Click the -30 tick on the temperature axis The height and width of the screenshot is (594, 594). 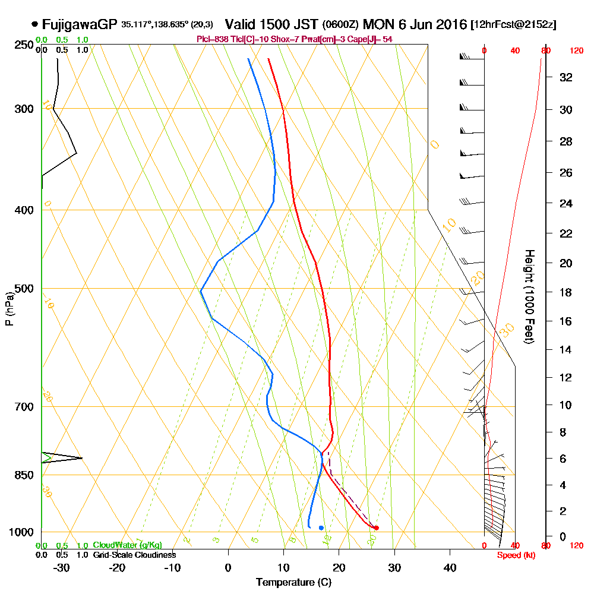(x=62, y=568)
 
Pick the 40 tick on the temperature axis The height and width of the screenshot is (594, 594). (x=450, y=568)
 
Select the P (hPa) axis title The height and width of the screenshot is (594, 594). (x=9, y=308)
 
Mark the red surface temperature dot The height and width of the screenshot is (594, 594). (x=376, y=527)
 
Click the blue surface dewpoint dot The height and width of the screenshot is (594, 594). (x=321, y=527)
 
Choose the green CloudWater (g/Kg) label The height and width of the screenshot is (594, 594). (x=127, y=545)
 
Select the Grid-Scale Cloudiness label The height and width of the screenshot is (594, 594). (x=134, y=555)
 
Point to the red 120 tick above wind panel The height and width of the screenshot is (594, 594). (x=576, y=51)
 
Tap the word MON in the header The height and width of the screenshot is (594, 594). (x=378, y=25)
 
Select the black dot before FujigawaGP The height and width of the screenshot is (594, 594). (x=35, y=24)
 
